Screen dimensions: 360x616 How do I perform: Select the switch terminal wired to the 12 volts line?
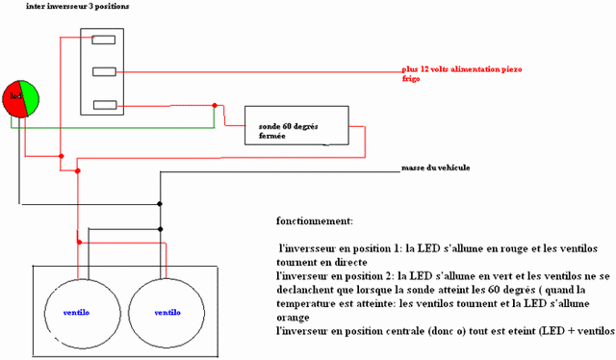103,71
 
